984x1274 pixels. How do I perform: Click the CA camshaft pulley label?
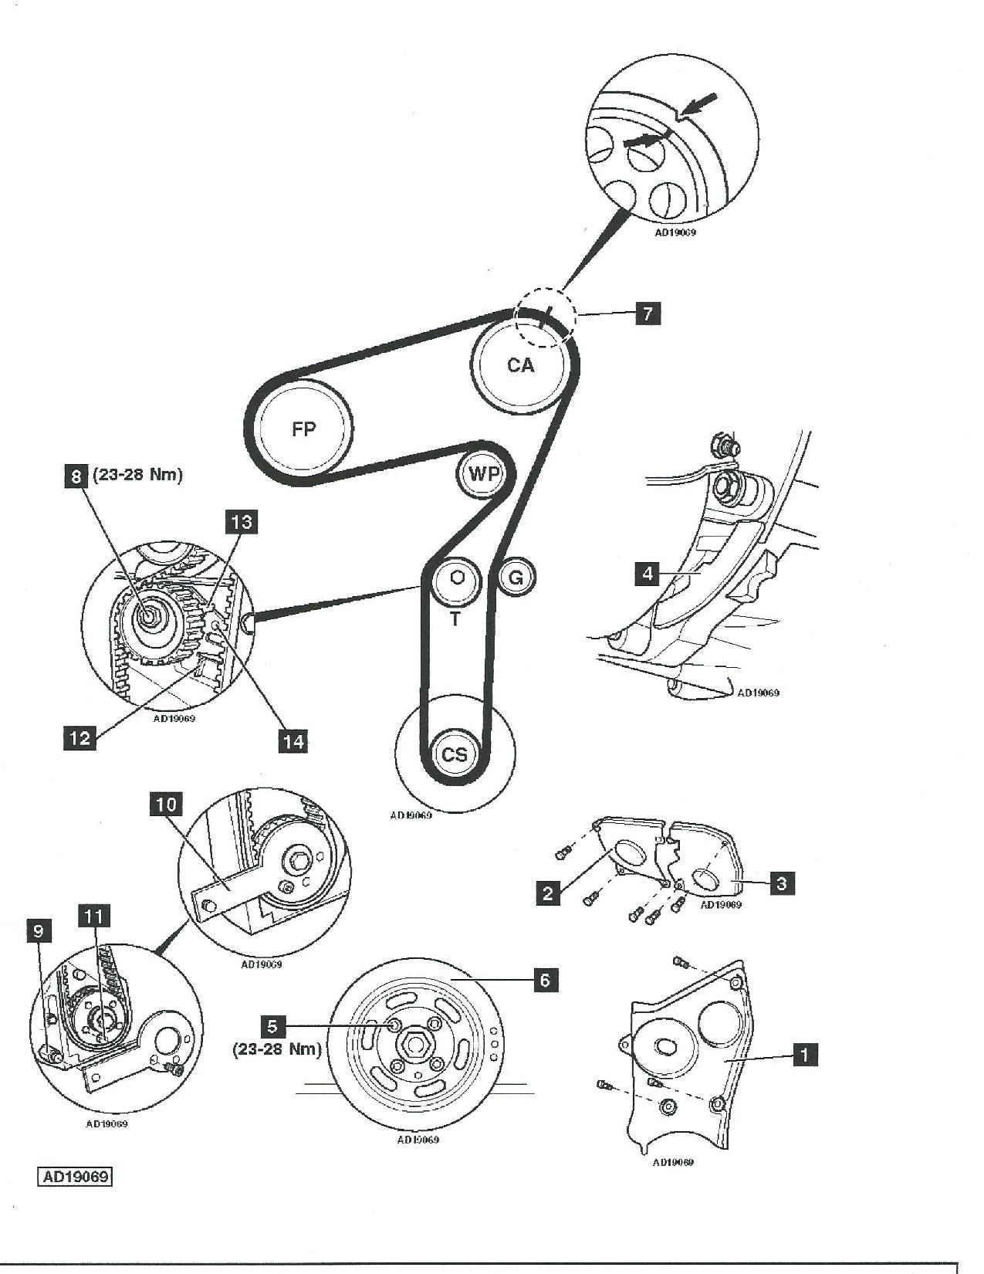coord(520,365)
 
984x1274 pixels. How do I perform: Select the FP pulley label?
coord(303,429)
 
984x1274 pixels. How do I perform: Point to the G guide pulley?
coord(516,578)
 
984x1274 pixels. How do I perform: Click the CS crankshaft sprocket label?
coord(455,754)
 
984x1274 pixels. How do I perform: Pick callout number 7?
coord(648,313)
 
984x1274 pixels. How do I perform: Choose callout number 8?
coord(76,476)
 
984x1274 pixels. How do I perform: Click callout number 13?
coord(242,521)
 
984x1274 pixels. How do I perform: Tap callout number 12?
coord(80,737)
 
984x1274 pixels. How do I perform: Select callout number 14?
coord(292,741)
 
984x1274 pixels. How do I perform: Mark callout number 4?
coord(648,574)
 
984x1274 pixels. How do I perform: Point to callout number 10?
coord(167,805)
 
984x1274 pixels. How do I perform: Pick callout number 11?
coord(94,917)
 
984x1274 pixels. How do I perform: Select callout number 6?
coord(545,980)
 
